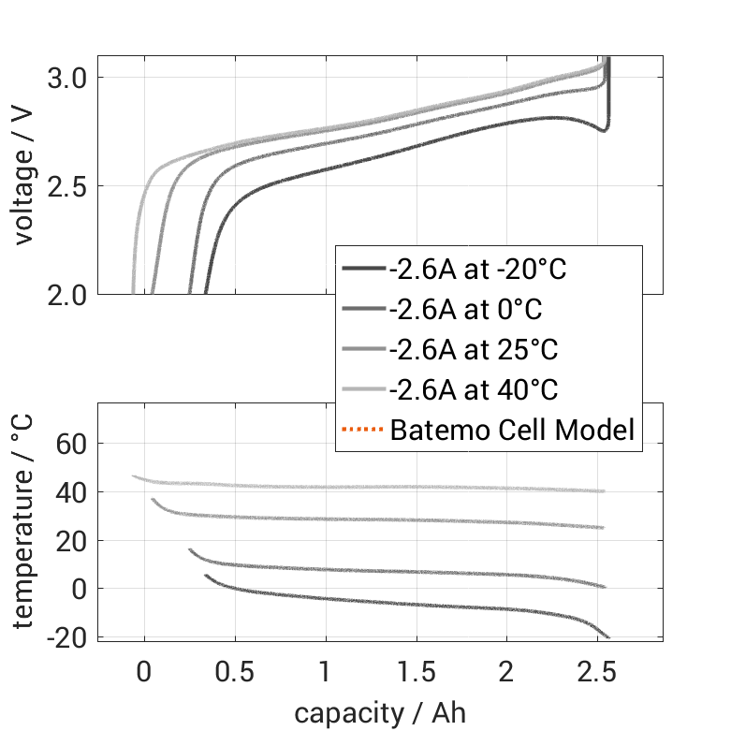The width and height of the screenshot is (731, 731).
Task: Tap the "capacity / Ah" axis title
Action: tap(380, 713)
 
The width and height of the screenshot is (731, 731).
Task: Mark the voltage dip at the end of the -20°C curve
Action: tap(606, 129)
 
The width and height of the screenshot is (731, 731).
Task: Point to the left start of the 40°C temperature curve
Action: tap(134, 476)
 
